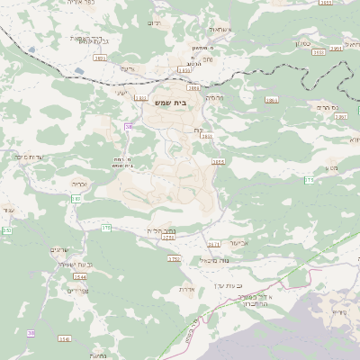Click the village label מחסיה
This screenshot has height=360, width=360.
(x=213, y=96)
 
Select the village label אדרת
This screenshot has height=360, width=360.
(x=186, y=289)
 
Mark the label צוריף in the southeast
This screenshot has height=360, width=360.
(x=338, y=312)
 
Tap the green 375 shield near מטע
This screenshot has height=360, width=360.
(x=309, y=180)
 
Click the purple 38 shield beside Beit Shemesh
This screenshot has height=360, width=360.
(x=129, y=127)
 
